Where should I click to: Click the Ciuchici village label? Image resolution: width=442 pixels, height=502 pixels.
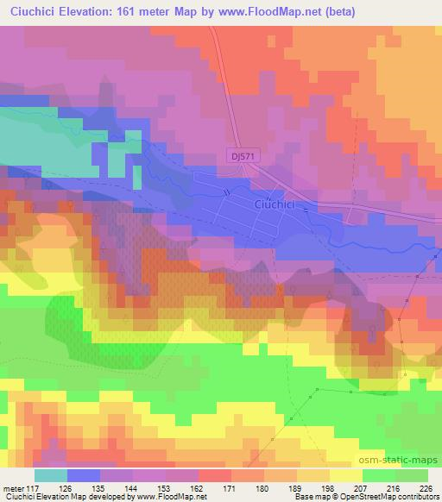(x=275, y=204)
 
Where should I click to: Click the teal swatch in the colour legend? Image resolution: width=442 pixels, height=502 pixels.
(x=51, y=475)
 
